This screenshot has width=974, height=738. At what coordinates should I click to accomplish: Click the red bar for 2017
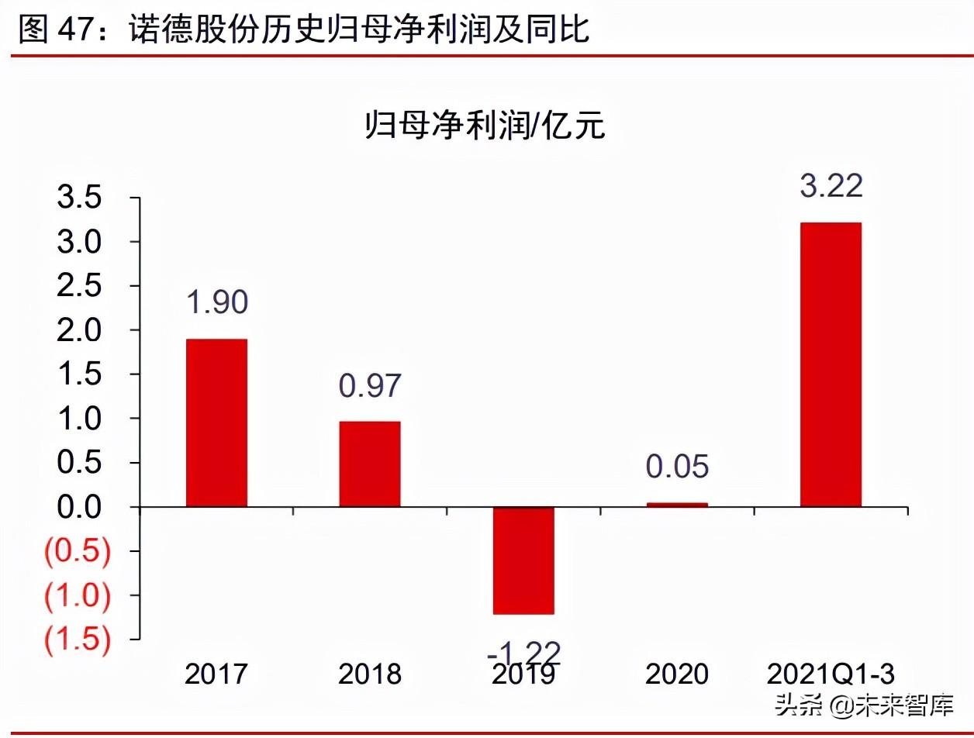coord(216,423)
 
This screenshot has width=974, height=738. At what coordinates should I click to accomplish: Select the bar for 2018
coord(370,464)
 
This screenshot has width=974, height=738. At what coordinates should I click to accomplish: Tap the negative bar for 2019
coord(523,560)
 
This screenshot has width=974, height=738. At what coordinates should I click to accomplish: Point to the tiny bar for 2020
coord(677,505)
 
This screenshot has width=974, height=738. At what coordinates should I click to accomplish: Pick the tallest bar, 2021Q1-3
coord(831,364)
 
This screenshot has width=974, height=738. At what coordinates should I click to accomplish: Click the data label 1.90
coord(216,302)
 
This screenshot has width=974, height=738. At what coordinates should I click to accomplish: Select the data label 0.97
coord(370,385)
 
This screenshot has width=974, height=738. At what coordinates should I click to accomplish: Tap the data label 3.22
coord(831,187)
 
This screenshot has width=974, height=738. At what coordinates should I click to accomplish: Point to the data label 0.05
coord(678,467)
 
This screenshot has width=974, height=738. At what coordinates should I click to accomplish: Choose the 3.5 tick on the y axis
coord(79,198)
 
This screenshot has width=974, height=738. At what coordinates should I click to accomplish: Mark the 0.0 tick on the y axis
coord(79,507)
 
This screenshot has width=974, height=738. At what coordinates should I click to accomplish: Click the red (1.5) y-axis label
coord(78,640)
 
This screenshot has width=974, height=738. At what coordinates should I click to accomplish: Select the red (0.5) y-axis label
coord(78,552)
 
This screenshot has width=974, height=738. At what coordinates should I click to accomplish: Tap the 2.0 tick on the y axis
coord(79,331)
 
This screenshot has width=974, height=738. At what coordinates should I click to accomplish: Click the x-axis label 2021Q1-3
coord(831,674)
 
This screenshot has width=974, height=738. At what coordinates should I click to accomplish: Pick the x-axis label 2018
coord(370,674)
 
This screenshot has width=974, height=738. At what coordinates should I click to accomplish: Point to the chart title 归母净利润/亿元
coord(485,125)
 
